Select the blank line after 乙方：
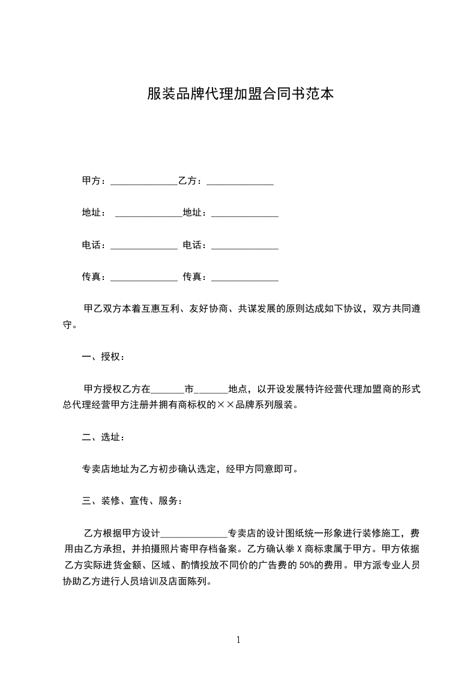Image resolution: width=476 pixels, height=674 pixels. click(240, 182)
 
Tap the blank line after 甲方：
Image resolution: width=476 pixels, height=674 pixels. click(144, 182)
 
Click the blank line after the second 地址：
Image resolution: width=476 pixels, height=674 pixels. click(245, 214)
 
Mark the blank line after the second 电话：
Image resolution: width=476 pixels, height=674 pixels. click(245, 247)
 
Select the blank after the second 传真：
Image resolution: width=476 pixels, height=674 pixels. click(245, 279)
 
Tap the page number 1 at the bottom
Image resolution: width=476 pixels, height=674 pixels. click(238, 640)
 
